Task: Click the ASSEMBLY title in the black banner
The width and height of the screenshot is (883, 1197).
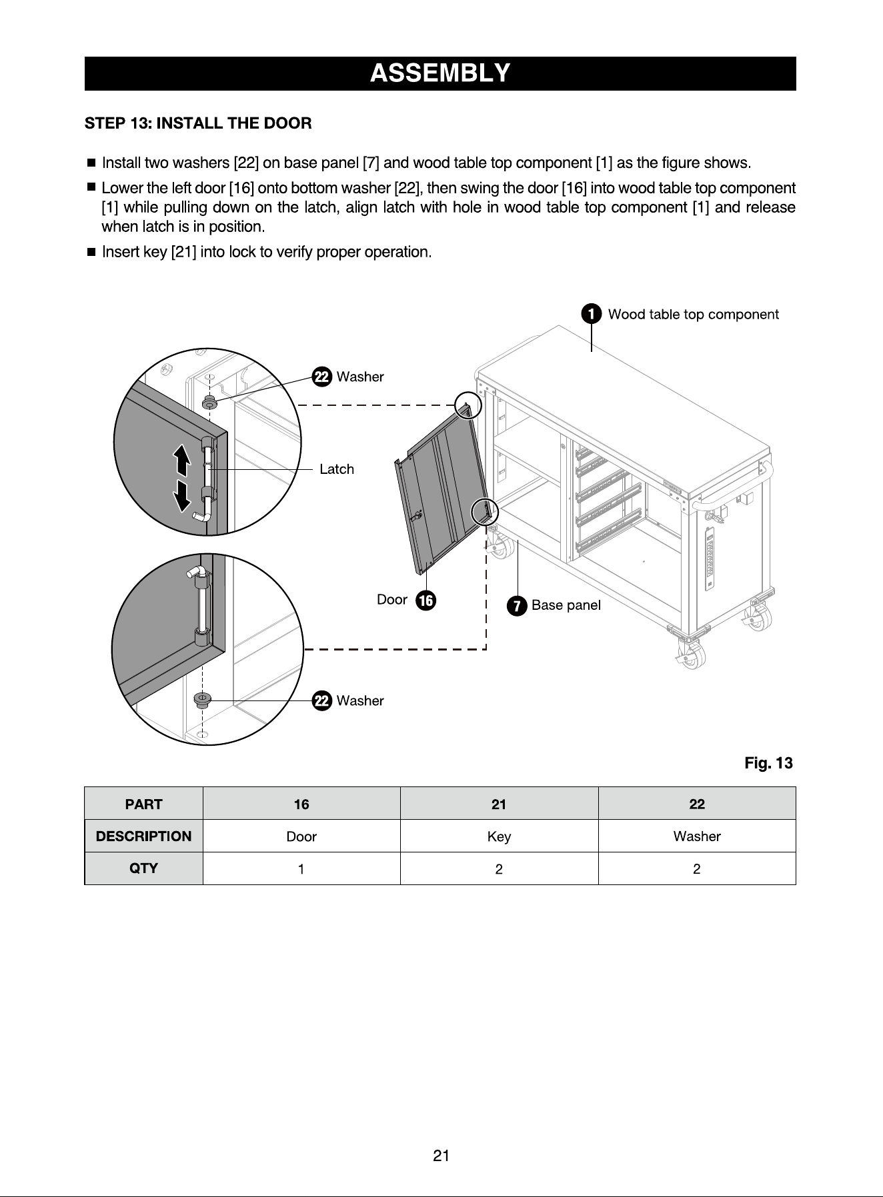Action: (x=440, y=73)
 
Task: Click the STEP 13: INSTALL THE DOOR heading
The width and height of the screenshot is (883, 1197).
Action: (x=198, y=123)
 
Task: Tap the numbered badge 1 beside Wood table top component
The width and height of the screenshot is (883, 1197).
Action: (x=591, y=314)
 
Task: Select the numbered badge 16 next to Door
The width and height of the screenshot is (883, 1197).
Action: (x=425, y=600)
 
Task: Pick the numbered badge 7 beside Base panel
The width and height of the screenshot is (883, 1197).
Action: (x=516, y=606)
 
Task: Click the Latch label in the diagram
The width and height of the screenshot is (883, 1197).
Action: (x=337, y=469)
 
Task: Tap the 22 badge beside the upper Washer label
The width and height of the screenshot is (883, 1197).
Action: (x=322, y=377)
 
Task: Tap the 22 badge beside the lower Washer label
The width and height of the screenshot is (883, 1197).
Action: (x=322, y=701)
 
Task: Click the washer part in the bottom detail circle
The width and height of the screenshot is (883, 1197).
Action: (x=201, y=700)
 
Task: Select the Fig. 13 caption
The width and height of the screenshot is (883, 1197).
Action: (x=769, y=763)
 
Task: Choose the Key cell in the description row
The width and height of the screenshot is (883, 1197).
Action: (x=499, y=836)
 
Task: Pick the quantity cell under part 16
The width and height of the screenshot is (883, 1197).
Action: (x=301, y=868)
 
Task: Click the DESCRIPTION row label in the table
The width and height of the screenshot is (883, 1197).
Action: (x=143, y=836)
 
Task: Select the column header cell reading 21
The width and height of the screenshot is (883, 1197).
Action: (x=499, y=804)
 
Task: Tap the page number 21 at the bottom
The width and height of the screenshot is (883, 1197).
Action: (x=441, y=1156)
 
